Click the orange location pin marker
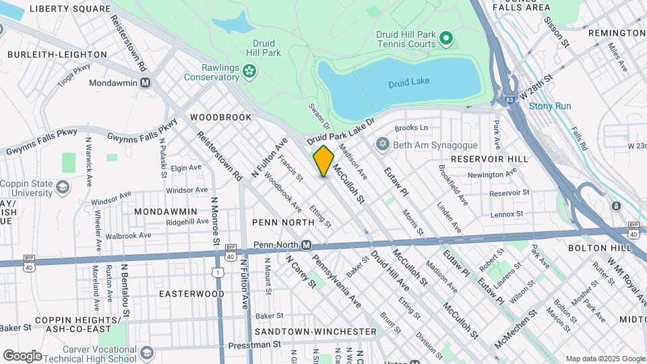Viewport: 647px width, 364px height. click(x=323, y=160)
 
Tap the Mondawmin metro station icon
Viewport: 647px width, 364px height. click(x=145, y=83)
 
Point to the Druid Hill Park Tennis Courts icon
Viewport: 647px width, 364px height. click(x=445, y=39)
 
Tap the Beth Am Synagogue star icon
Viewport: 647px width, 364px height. click(x=383, y=145)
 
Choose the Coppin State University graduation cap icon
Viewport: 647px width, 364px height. click(x=63, y=187)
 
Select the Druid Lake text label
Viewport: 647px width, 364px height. click(x=408, y=83)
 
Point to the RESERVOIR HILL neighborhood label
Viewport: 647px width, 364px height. click(x=487, y=158)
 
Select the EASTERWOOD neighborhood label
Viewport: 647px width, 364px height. click(x=191, y=294)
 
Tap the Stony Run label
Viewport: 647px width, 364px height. click(x=549, y=107)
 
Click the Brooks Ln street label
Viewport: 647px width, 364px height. click(x=411, y=127)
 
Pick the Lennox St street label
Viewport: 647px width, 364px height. click(x=507, y=214)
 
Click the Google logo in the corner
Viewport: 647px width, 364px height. click(x=22, y=355)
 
